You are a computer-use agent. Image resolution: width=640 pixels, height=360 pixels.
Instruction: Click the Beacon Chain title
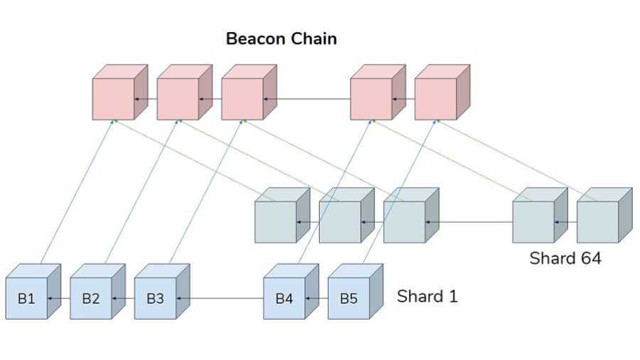click(x=281, y=38)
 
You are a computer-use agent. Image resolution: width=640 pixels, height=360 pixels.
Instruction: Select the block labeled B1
click(x=26, y=298)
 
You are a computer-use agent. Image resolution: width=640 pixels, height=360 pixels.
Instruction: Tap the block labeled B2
click(x=91, y=298)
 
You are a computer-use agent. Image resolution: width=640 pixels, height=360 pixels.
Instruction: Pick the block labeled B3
click(x=155, y=298)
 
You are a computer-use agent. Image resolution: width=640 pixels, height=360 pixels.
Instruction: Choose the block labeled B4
click(x=284, y=298)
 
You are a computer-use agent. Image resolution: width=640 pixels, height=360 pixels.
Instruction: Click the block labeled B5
click(x=348, y=298)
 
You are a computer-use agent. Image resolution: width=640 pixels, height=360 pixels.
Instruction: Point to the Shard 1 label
click(x=427, y=296)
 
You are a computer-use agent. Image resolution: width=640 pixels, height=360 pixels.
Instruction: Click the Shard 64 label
click(x=565, y=258)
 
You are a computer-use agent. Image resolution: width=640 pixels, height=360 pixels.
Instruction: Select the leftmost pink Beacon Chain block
click(x=114, y=99)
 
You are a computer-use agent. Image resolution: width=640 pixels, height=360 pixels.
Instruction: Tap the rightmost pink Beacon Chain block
click(x=436, y=99)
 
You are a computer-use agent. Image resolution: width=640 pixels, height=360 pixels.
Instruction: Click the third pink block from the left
click(x=242, y=99)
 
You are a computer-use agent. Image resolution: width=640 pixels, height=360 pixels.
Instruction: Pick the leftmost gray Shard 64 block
click(x=276, y=222)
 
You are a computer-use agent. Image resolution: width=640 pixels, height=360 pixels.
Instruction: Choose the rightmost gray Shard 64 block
click(x=597, y=222)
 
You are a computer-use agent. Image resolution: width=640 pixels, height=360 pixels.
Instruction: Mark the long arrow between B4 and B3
click(x=220, y=298)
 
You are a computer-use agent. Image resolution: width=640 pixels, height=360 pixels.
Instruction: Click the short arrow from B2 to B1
click(x=58, y=298)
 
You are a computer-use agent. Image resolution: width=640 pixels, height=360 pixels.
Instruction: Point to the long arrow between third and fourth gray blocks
click(x=469, y=222)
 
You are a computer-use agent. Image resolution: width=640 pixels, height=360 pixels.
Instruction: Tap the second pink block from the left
click(x=178, y=99)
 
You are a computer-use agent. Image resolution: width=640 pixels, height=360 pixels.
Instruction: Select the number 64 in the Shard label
click(x=588, y=258)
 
